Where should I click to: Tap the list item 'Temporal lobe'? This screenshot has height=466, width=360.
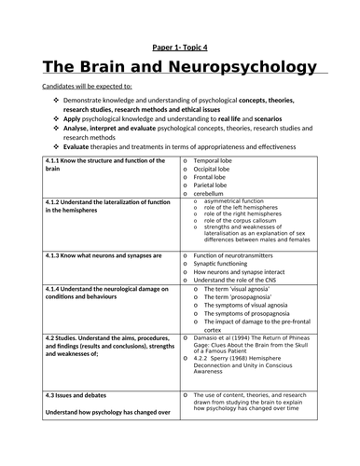216,160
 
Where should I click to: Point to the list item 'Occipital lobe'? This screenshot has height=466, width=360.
216,169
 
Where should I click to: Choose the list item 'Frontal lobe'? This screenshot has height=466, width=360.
214,177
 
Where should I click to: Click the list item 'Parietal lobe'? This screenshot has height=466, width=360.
215,185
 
